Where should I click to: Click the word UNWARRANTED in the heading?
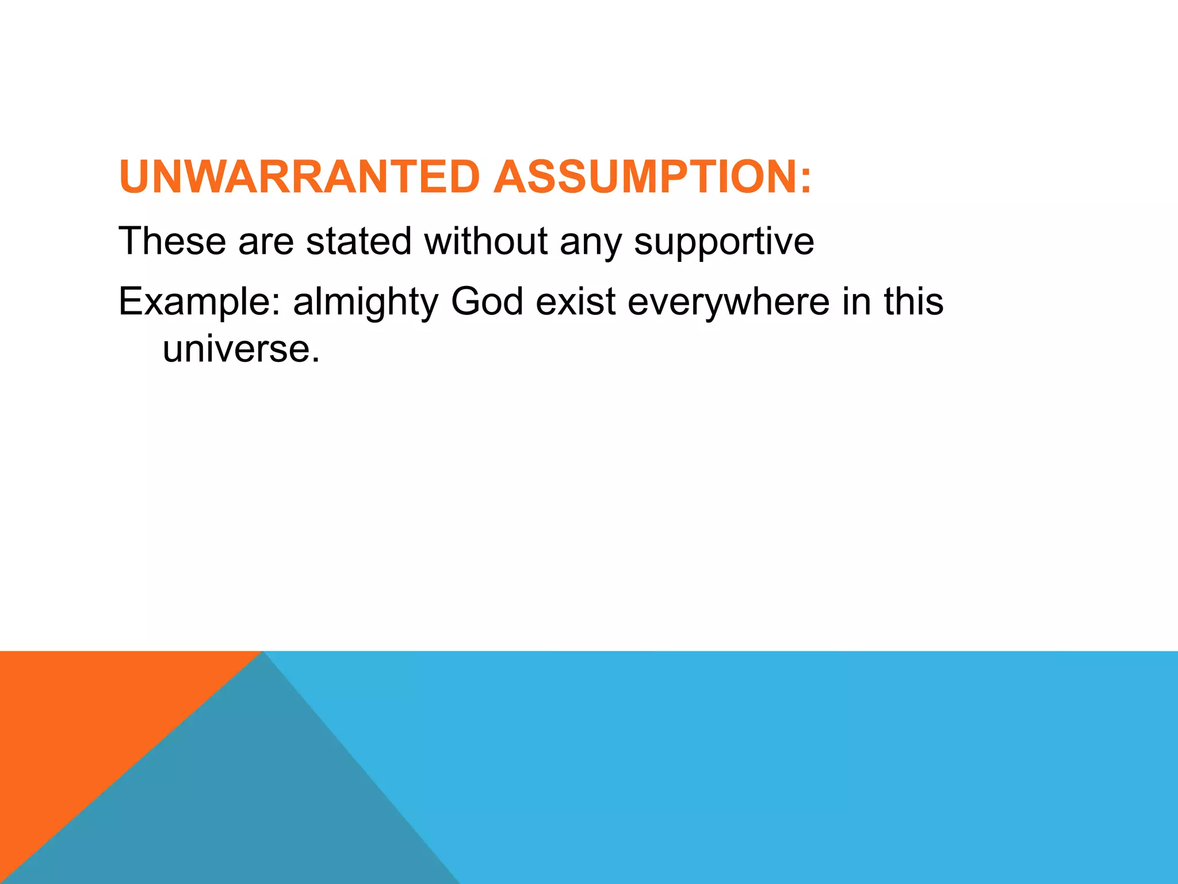(299, 177)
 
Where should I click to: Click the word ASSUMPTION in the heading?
(644, 177)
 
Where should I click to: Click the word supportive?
(724, 242)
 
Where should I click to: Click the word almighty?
(366, 303)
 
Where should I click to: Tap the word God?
(487, 302)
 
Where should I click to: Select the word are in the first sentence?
(266, 242)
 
